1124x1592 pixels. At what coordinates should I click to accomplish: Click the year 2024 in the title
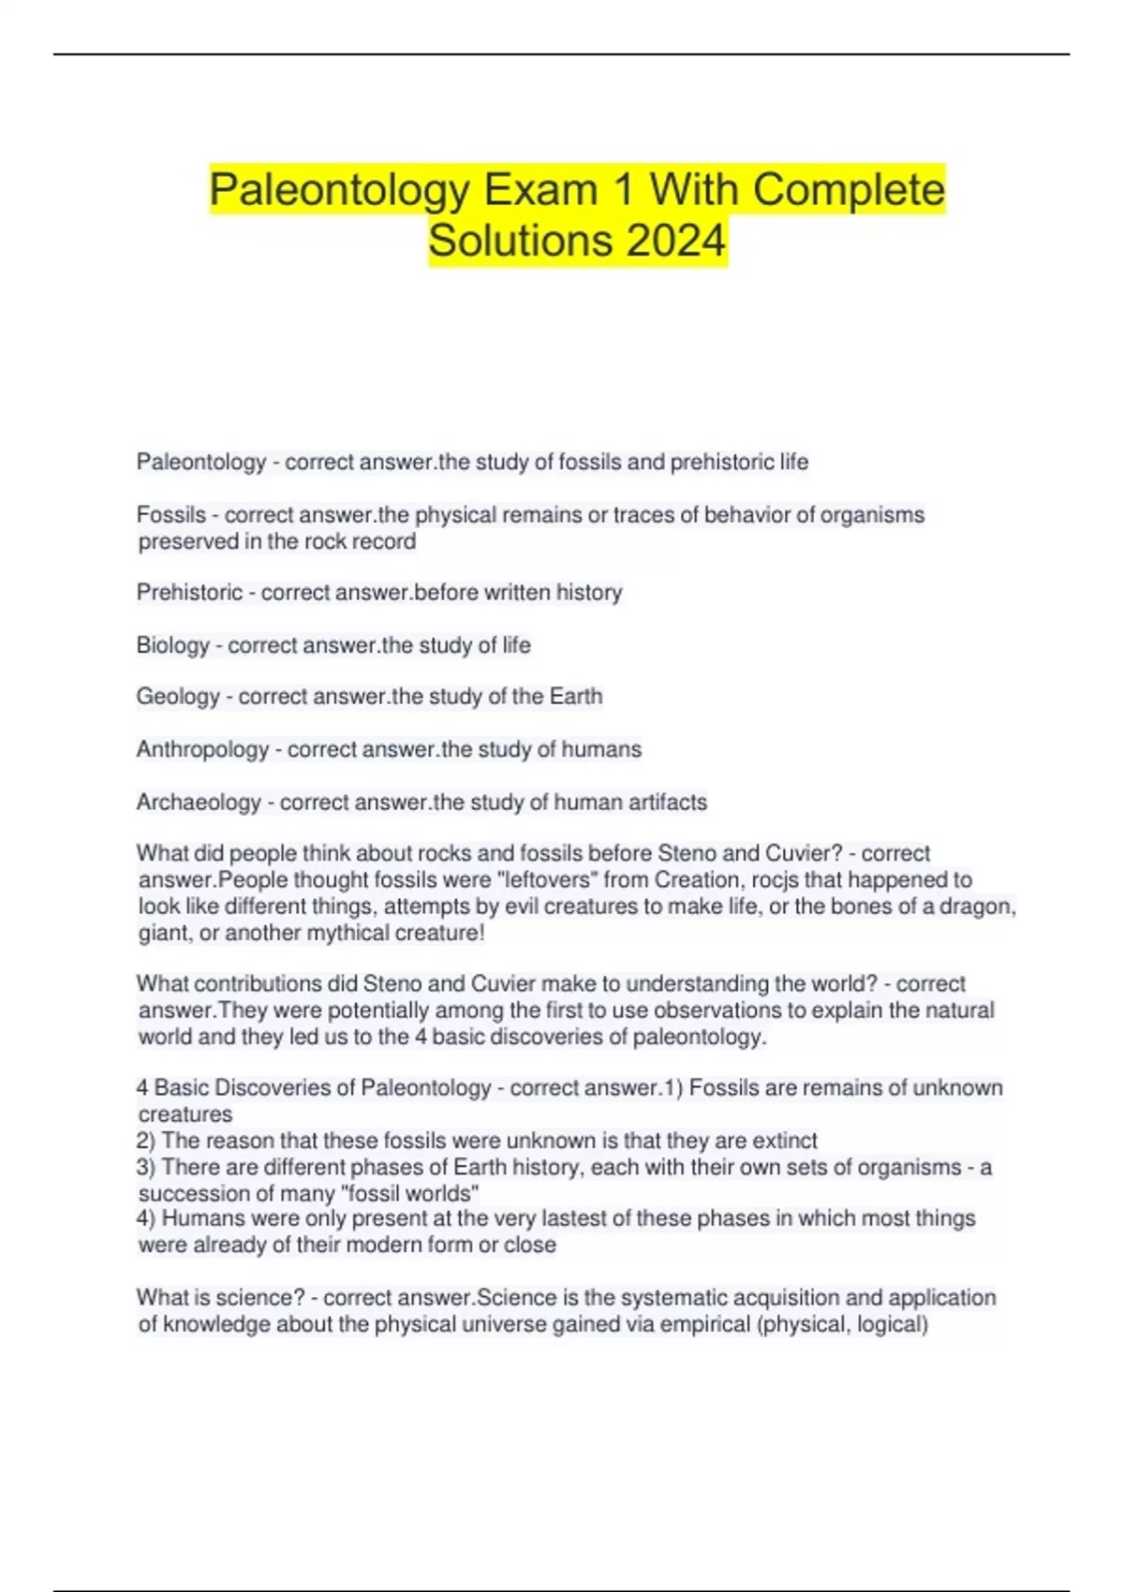click(x=676, y=240)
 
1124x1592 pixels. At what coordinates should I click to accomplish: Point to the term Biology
click(x=172, y=645)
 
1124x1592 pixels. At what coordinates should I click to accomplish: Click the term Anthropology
click(x=202, y=749)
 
